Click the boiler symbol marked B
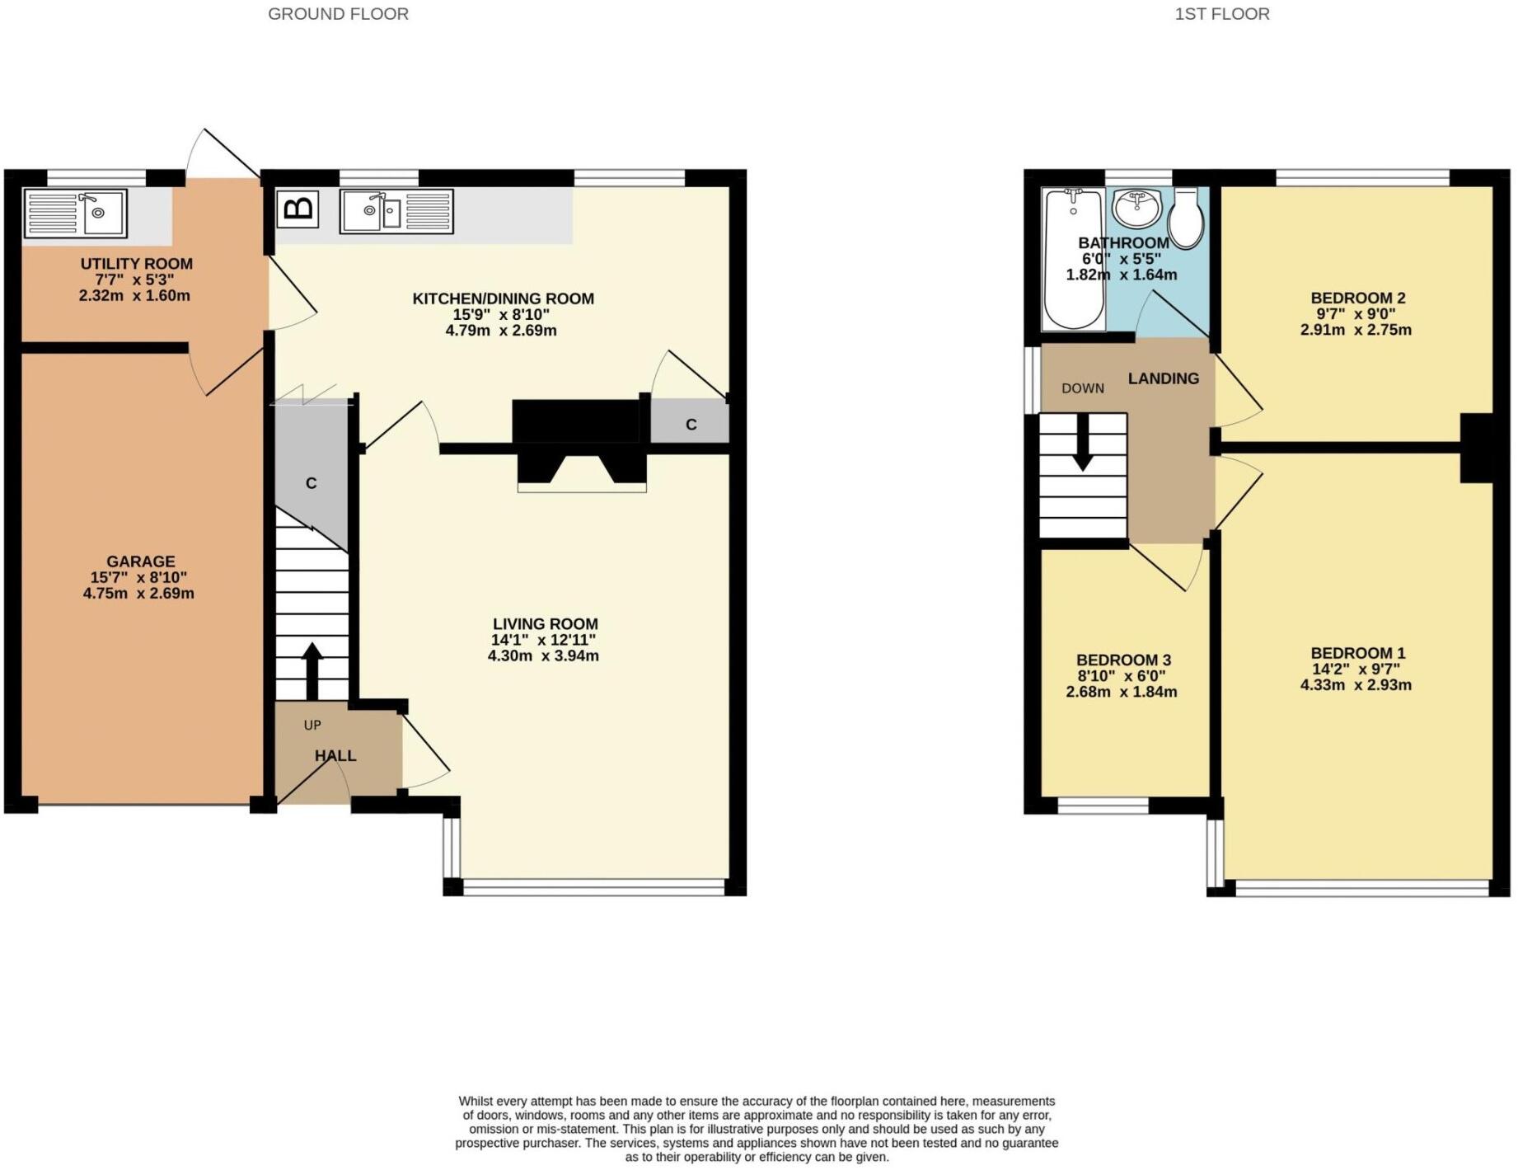pyautogui.click(x=298, y=209)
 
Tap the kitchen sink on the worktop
pyautogui.click(x=396, y=212)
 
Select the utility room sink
pyautogui.click(x=76, y=214)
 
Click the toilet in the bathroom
pyautogui.click(x=1186, y=217)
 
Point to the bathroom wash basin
pyautogui.click(x=1136, y=206)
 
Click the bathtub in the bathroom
pyautogui.click(x=1073, y=259)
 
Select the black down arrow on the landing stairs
pyautogui.click(x=1083, y=442)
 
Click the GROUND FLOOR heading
pyautogui.click(x=338, y=14)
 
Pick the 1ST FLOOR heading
pyautogui.click(x=1222, y=14)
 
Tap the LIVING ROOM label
pyautogui.click(x=546, y=624)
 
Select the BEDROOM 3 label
pyautogui.click(x=1123, y=660)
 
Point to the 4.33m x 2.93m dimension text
pyautogui.click(x=1356, y=684)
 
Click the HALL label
pyautogui.click(x=335, y=755)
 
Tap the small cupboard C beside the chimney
pyautogui.click(x=690, y=423)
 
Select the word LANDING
pyautogui.click(x=1164, y=378)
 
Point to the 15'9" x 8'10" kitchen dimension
pyautogui.click(x=501, y=314)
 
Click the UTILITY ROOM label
pyautogui.click(x=137, y=264)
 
